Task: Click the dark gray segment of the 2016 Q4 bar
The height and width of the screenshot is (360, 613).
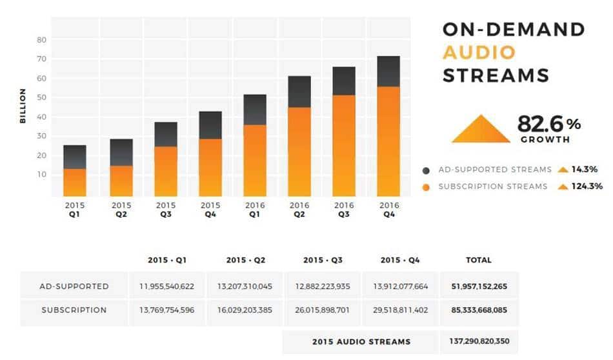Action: pyautogui.click(x=388, y=72)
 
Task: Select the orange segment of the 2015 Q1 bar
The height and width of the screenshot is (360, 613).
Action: pyautogui.click(x=75, y=183)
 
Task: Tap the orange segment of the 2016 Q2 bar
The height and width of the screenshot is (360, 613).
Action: pyautogui.click(x=299, y=152)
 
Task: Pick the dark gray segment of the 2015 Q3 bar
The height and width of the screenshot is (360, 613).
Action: pyautogui.click(x=166, y=134)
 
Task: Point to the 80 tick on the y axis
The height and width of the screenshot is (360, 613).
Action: pyautogui.click(x=42, y=40)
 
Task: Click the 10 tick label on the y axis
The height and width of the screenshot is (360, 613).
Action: pyautogui.click(x=42, y=175)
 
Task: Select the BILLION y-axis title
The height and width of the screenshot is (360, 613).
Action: pyautogui.click(x=23, y=106)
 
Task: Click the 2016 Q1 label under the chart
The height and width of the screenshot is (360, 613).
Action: pyautogui.click(x=254, y=210)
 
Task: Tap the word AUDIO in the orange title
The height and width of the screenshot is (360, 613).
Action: pyautogui.click(x=479, y=53)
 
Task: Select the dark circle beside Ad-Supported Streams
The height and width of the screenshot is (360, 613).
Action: pyautogui.click(x=427, y=170)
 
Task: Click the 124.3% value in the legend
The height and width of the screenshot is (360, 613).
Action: pyautogui.click(x=587, y=186)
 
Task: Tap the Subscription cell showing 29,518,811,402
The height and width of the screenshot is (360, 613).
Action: pyautogui.click(x=401, y=310)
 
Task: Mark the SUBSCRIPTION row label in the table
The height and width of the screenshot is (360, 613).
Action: pyautogui.click(x=74, y=310)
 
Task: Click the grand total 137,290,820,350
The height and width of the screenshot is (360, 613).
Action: pyautogui.click(x=479, y=342)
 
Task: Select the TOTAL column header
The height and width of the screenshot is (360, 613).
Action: pyautogui.click(x=479, y=260)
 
